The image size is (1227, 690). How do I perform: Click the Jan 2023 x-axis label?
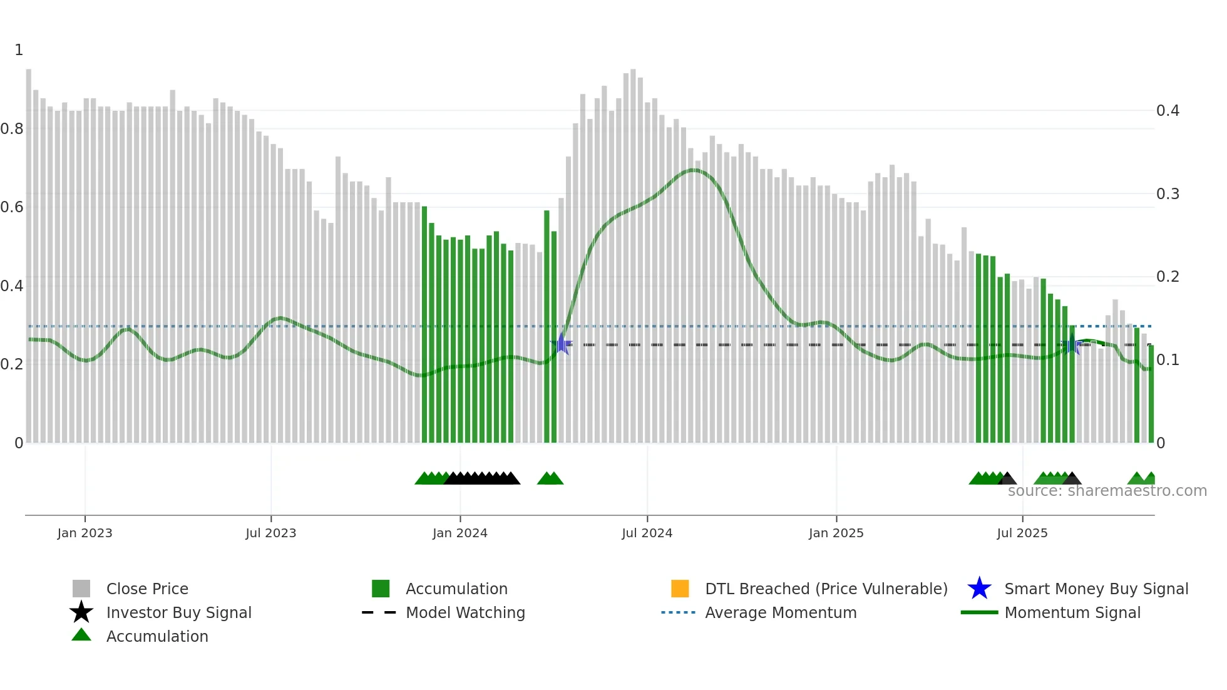(85, 533)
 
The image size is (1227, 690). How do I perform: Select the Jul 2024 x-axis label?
(647, 533)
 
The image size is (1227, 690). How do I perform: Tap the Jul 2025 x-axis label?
(1022, 533)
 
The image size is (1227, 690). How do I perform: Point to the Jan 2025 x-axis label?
(836, 533)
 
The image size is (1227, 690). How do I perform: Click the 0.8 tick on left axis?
(12, 129)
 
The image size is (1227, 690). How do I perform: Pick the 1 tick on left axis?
(19, 50)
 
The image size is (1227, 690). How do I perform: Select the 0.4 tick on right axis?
(1168, 111)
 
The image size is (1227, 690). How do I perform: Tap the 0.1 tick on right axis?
(1168, 360)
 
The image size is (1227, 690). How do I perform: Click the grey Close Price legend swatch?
(81, 589)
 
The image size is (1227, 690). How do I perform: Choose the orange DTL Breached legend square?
(680, 589)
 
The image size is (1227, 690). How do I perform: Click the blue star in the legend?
(979, 589)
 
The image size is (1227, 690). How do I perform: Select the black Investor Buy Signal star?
(81, 612)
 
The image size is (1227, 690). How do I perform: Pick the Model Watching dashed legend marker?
(379, 612)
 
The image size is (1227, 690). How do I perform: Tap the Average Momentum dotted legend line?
(679, 612)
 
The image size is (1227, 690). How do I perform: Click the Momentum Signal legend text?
(1072, 612)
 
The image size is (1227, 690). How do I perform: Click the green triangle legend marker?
(81, 636)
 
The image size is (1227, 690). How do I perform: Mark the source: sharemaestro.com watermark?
(1107, 491)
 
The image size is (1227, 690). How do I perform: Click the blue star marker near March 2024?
(562, 344)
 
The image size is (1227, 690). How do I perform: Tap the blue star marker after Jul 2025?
(1072, 344)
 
